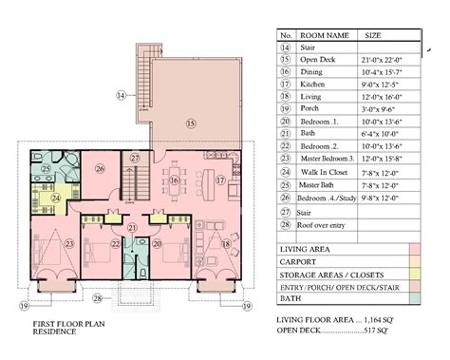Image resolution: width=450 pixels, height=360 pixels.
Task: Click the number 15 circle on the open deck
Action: tap(190, 123)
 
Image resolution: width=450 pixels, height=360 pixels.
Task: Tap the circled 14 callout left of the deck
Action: tap(122, 96)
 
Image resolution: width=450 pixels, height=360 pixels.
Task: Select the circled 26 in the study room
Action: tap(101, 171)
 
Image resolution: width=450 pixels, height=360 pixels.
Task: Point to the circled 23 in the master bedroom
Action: tap(43, 242)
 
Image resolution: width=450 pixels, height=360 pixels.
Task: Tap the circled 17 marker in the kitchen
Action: tap(220, 180)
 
